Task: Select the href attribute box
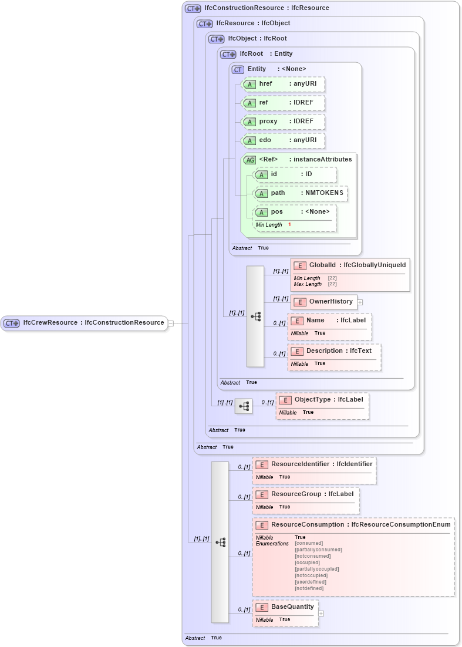(283, 84)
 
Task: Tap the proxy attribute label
(268, 122)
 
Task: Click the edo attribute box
(283, 140)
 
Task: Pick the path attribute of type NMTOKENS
(299, 193)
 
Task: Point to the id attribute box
(294, 174)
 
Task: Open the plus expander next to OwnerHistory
(360, 302)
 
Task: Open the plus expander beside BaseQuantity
(321, 614)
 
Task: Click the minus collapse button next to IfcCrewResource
(171, 323)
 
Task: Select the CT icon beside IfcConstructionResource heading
(193, 9)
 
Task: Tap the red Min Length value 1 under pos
(289, 225)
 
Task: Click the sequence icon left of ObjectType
(244, 406)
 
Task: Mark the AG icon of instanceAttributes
(249, 160)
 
